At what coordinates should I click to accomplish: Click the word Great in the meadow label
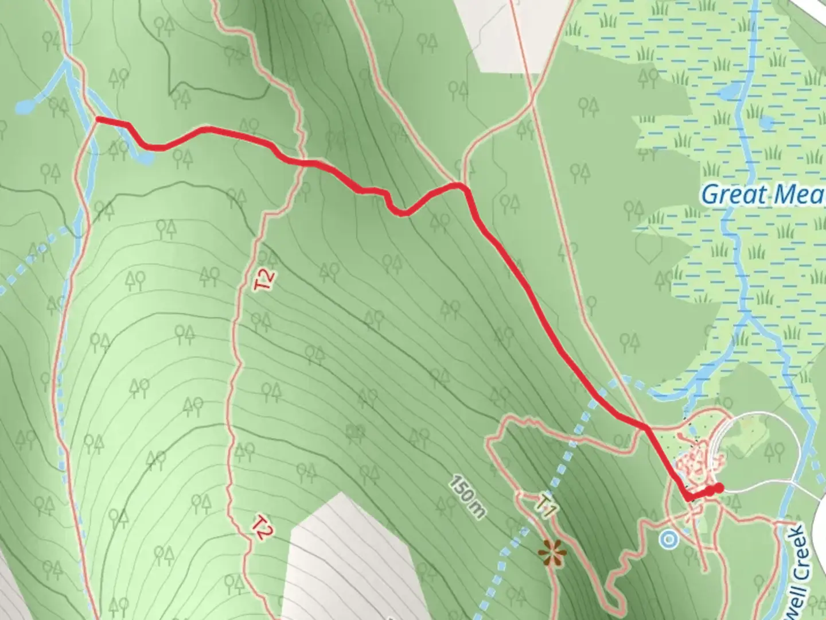(x=734, y=194)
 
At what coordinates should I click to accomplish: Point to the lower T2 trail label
(x=261, y=528)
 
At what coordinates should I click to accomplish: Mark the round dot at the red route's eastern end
(x=718, y=488)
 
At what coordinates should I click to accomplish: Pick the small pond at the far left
(x=25, y=106)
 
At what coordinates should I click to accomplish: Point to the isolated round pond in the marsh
(x=767, y=122)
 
